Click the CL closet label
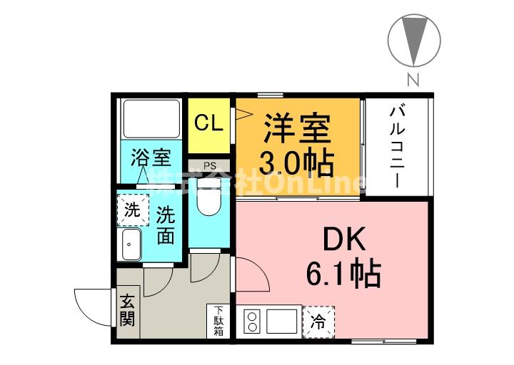pyautogui.click(x=209, y=123)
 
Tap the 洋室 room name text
pyautogui.click(x=297, y=130)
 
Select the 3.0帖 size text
pyautogui.click(x=297, y=164)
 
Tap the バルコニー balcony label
pyautogui.click(x=398, y=146)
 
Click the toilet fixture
pyautogui.click(x=209, y=197)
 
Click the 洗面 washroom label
pyautogui.click(x=166, y=225)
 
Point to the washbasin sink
pyautogui.click(x=130, y=246)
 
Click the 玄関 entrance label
pyautogui.click(x=127, y=310)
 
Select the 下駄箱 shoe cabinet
pyautogui.click(x=218, y=320)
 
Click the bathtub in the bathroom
pyautogui.click(x=151, y=119)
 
